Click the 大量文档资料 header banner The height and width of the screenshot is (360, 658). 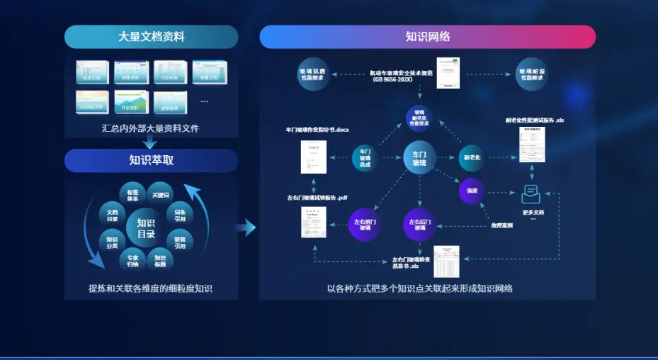tap(151, 37)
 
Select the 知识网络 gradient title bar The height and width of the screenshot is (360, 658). tap(427, 37)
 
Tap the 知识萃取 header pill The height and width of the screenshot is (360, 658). tap(151, 160)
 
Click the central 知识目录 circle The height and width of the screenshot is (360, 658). tap(146, 228)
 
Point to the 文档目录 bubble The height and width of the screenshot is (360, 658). tap(113, 215)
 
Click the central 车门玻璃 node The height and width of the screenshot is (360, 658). tap(419, 158)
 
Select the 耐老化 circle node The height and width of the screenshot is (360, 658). tap(472, 157)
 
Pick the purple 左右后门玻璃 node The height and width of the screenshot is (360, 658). tap(419, 225)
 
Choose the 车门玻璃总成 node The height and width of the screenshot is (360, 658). tap(365, 158)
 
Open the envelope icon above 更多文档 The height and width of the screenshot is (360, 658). tap(532, 193)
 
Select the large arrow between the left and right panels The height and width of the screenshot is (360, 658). tap(246, 227)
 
